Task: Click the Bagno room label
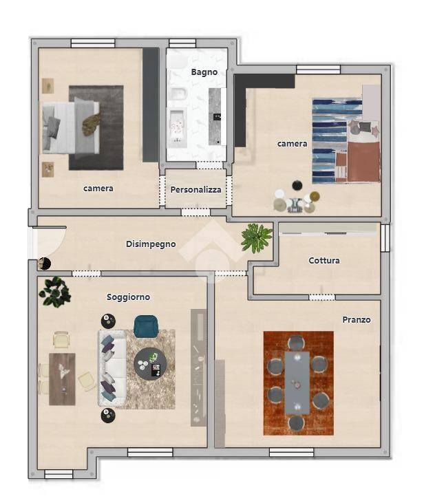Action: (204, 72)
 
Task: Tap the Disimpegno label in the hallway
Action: (151, 244)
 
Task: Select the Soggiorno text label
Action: (128, 297)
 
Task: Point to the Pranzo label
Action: (357, 319)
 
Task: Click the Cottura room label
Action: (324, 260)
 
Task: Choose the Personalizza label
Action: (195, 190)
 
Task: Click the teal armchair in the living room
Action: (146, 326)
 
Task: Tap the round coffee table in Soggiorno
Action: (150, 363)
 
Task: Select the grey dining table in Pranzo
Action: (297, 383)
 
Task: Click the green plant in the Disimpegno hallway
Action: (256, 237)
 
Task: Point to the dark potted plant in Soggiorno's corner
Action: (54, 292)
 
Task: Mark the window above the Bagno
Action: (182, 43)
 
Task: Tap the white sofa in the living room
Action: (112, 368)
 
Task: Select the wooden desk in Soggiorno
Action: (62, 379)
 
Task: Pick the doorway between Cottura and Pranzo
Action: (321, 297)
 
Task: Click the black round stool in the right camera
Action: (297, 185)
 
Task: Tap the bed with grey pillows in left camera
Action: (71, 128)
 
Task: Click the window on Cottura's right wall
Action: (385, 237)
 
